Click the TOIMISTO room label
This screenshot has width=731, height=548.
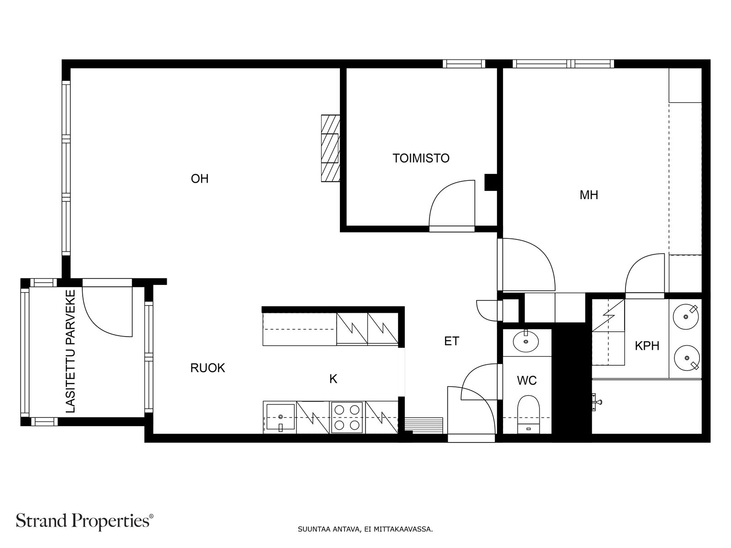pyautogui.click(x=421, y=158)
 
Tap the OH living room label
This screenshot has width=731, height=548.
pyautogui.click(x=200, y=179)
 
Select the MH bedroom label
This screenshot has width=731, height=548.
pyautogui.click(x=589, y=195)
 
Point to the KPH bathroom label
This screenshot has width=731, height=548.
pyautogui.click(x=647, y=346)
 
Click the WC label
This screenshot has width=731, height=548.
pyautogui.click(x=527, y=380)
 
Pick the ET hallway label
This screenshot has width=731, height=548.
pyautogui.click(x=451, y=341)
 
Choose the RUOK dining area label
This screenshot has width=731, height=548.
pyautogui.click(x=207, y=368)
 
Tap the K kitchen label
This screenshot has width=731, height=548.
pyautogui.click(x=333, y=379)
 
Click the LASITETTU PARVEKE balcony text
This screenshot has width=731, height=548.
pyautogui.click(x=71, y=352)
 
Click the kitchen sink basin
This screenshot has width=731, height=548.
pyautogui.click(x=281, y=417)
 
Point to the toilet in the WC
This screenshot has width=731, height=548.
pyautogui.click(x=529, y=415)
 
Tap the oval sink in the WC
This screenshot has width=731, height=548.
pyautogui.click(x=526, y=342)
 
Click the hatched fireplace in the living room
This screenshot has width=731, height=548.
pyautogui.click(x=331, y=148)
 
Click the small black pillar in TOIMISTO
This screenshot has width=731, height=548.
pyautogui.click(x=491, y=182)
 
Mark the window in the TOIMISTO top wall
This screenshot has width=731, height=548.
pyautogui.click(x=464, y=63)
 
